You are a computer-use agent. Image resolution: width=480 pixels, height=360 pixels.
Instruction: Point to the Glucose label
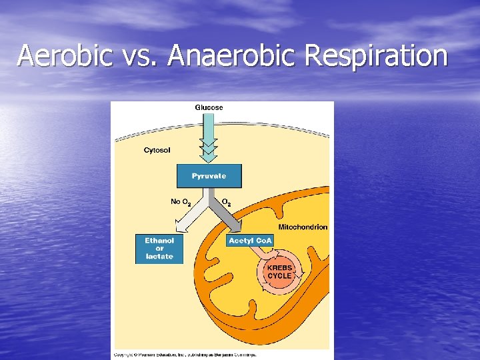click(x=209, y=107)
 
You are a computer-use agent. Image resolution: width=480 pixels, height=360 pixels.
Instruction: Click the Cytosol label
click(x=157, y=150)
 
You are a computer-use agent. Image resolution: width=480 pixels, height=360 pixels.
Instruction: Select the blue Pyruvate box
click(x=209, y=176)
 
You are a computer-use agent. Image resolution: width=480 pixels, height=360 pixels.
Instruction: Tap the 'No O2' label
click(x=181, y=201)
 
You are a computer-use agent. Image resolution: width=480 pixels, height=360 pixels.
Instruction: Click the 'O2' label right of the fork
click(x=227, y=201)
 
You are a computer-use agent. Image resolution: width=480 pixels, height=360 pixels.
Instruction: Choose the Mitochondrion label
click(x=303, y=227)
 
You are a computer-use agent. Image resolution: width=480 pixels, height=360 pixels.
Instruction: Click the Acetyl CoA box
click(x=251, y=241)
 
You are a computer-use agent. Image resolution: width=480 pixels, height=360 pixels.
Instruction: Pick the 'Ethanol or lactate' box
click(x=159, y=248)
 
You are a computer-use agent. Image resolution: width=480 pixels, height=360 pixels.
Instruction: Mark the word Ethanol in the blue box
click(x=159, y=240)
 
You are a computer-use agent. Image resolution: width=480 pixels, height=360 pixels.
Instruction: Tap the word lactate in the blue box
click(x=159, y=257)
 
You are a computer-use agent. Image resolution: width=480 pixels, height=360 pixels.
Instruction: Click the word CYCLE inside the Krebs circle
click(x=279, y=276)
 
